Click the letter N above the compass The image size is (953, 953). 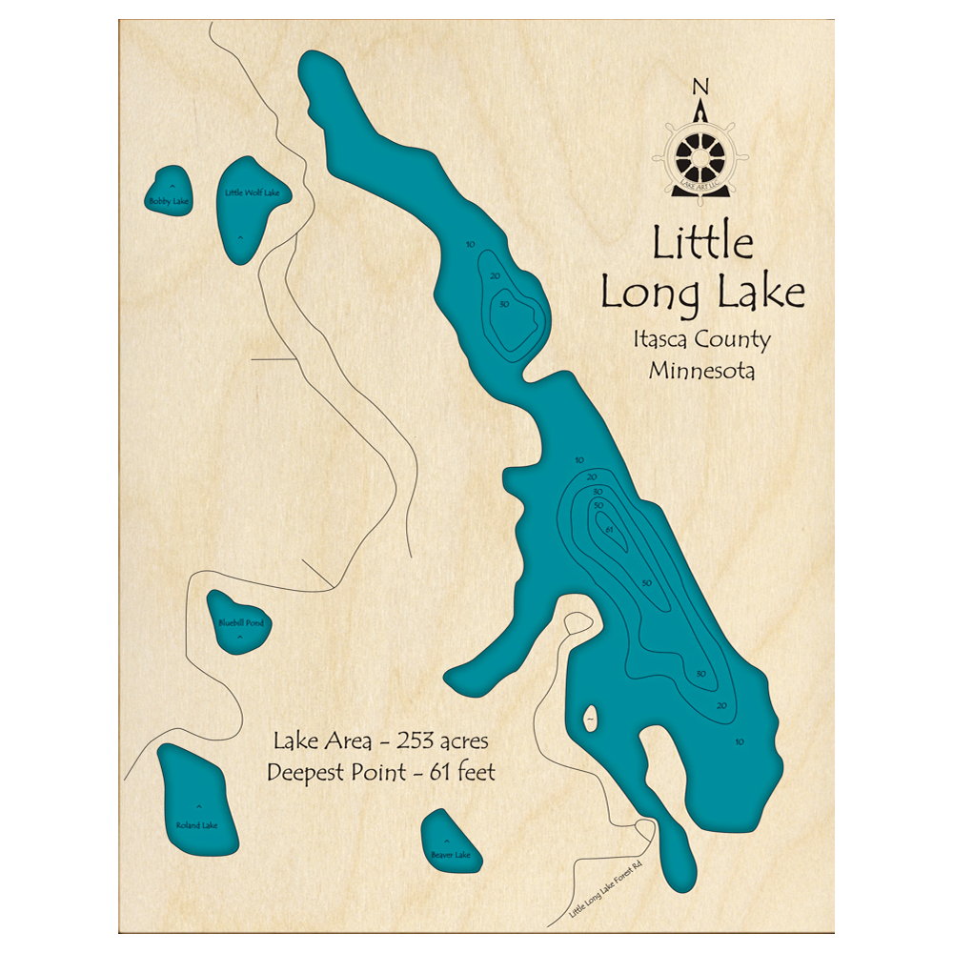tap(700, 88)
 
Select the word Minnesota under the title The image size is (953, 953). tap(701, 371)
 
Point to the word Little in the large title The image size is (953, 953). tap(702, 244)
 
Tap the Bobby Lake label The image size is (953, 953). tap(170, 201)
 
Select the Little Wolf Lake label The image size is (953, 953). tap(253, 193)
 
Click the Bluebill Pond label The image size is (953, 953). tap(239, 623)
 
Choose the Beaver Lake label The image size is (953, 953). tap(451, 855)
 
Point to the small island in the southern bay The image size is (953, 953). tap(591, 718)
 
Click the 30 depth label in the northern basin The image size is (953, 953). tap(503, 305)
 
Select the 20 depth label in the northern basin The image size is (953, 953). tap(494, 276)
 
